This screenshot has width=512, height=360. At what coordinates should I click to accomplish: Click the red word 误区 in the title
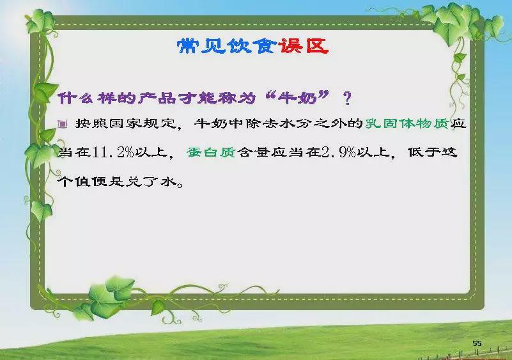tap(304, 46)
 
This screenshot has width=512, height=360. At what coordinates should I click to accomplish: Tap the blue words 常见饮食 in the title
tap(228, 46)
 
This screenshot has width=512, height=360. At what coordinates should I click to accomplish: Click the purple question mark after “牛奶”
tap(348, 98)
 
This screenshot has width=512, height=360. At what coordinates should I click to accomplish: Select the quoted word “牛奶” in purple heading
tap(297, 97)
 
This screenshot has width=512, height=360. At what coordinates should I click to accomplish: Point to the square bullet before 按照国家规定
tap(63, 124)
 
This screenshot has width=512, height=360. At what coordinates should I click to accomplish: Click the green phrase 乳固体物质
tap(407, 123)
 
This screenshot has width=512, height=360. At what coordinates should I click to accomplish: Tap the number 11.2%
tap(113, 152)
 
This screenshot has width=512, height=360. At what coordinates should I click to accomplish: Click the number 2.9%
tap(339, 152)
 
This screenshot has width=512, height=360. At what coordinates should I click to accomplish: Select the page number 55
tap(477, 343)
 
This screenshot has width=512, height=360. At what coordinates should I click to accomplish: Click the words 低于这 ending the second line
tap(433, 152)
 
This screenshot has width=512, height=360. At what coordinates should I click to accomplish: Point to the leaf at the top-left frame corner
tap(41, 20)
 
